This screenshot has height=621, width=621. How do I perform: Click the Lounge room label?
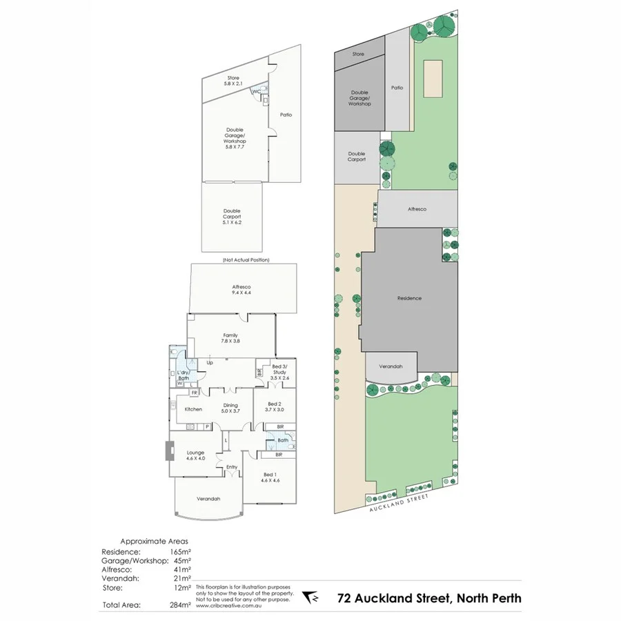[x=195, y=453]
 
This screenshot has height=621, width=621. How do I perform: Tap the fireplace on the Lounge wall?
[x=169, y=451]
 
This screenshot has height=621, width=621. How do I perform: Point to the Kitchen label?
[x=193, y=409]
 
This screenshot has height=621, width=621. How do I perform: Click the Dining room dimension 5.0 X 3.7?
[x=230, y=411]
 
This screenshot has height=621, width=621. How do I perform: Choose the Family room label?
[x=230, y=335]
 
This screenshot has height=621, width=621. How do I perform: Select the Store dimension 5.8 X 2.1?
[x=233, y=83]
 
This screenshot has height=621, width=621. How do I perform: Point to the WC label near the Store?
[x=255, y=91]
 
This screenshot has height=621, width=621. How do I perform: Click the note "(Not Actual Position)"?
[x=246, y=259]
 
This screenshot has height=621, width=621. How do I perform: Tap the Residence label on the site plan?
[x=409, y=298]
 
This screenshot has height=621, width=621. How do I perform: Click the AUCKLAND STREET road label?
[x=397, y=502]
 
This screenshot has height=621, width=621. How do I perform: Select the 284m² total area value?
[x=179, y=605]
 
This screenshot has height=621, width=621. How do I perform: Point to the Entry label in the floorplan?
[x=231, y=467]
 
